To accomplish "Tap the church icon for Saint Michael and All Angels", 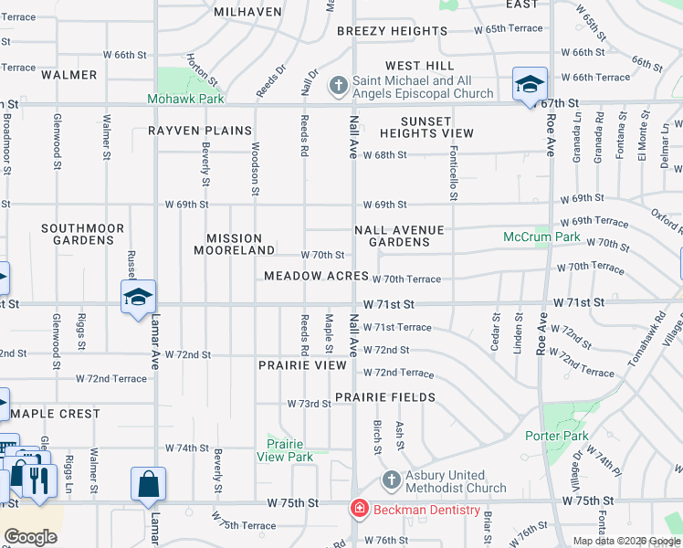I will tap(337, 87).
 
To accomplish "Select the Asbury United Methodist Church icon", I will tap(391, 479).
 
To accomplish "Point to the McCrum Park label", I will tap(541, 237).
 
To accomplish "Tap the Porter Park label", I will tap(556, 436).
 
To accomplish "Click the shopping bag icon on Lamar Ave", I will tap(148, 483).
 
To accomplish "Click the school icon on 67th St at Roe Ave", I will tap(530, 85).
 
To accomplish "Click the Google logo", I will tap(30, 537).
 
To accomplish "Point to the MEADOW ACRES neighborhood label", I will tap(316, 276).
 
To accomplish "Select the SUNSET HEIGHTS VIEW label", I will tap(426, 128).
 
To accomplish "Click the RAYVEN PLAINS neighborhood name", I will tap(200, 131).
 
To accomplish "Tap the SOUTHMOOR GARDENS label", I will tap(78, 234).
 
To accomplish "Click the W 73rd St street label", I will tap(309, 404).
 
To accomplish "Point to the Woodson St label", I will tap(255, 167).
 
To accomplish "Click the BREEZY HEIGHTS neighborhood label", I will tap(392, 31).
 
